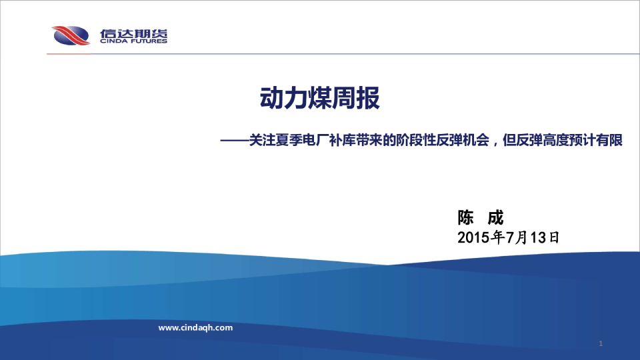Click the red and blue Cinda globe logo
pos(71,35)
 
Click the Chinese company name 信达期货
pos(134,33)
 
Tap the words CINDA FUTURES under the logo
pos(134,41)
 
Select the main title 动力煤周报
pos(319,98)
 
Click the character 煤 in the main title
pos(319,98)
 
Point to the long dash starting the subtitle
pos(235,141)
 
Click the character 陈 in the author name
pos(465,217)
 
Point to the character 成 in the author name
pos(495,217)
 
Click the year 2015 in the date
pos(474,237)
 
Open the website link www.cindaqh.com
pos(195,328)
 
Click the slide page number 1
pos(601,344)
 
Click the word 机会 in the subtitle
pos(476,141)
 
